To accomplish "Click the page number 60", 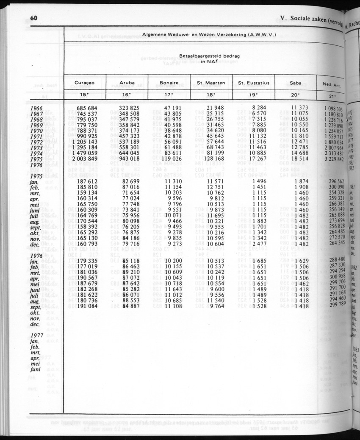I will (34, 18).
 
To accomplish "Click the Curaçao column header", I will (84, 83).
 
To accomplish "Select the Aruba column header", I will (127, 83).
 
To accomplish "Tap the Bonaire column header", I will (169, 83).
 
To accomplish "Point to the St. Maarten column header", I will (211, 83).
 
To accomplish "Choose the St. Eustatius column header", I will (253, 83).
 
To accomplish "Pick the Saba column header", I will (296, 83).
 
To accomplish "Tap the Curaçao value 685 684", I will (87, 109).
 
